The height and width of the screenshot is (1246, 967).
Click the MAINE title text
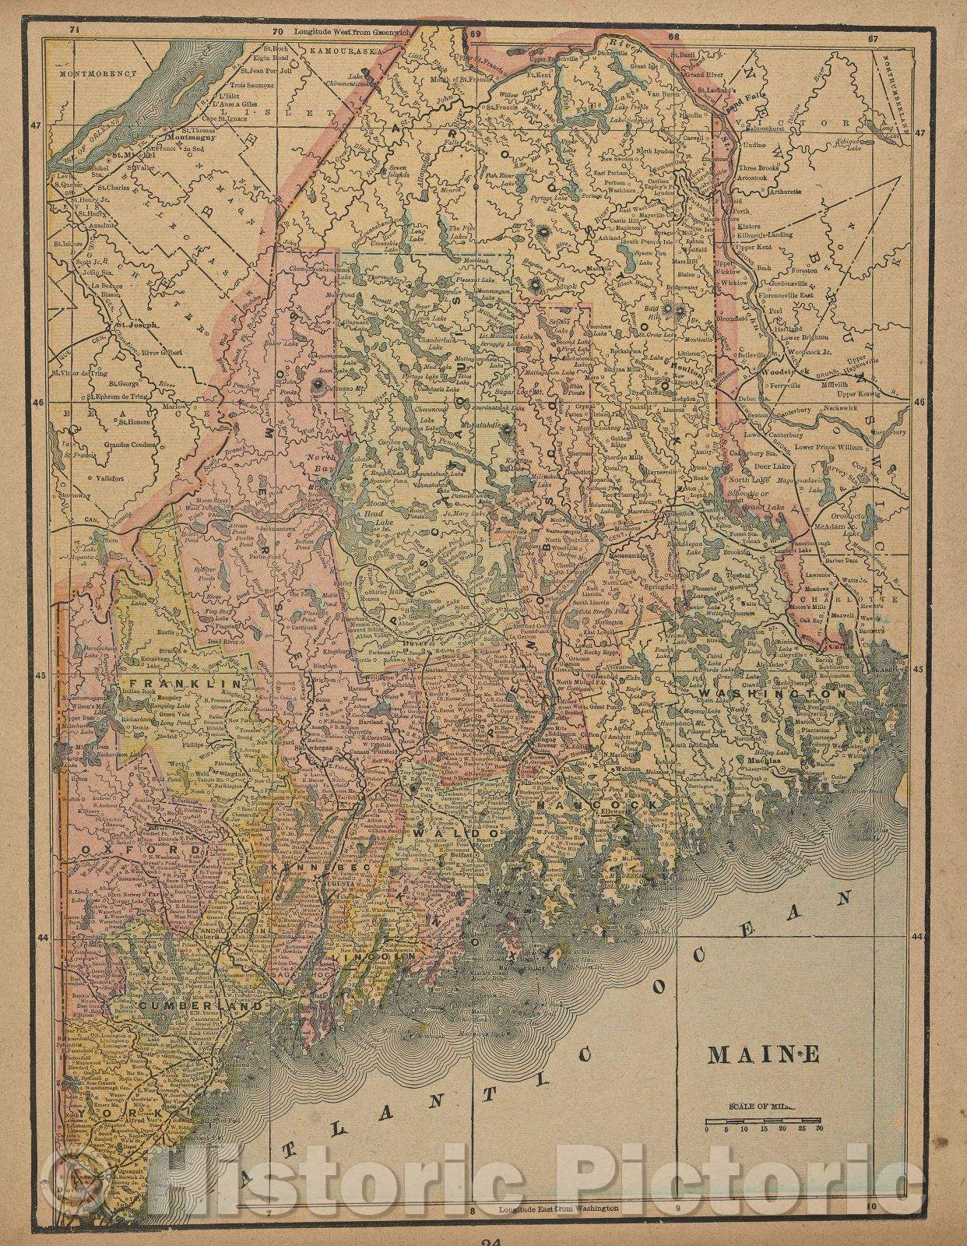[x=763, y=1054]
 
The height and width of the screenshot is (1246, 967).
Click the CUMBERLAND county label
[x=180, y=1005]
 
